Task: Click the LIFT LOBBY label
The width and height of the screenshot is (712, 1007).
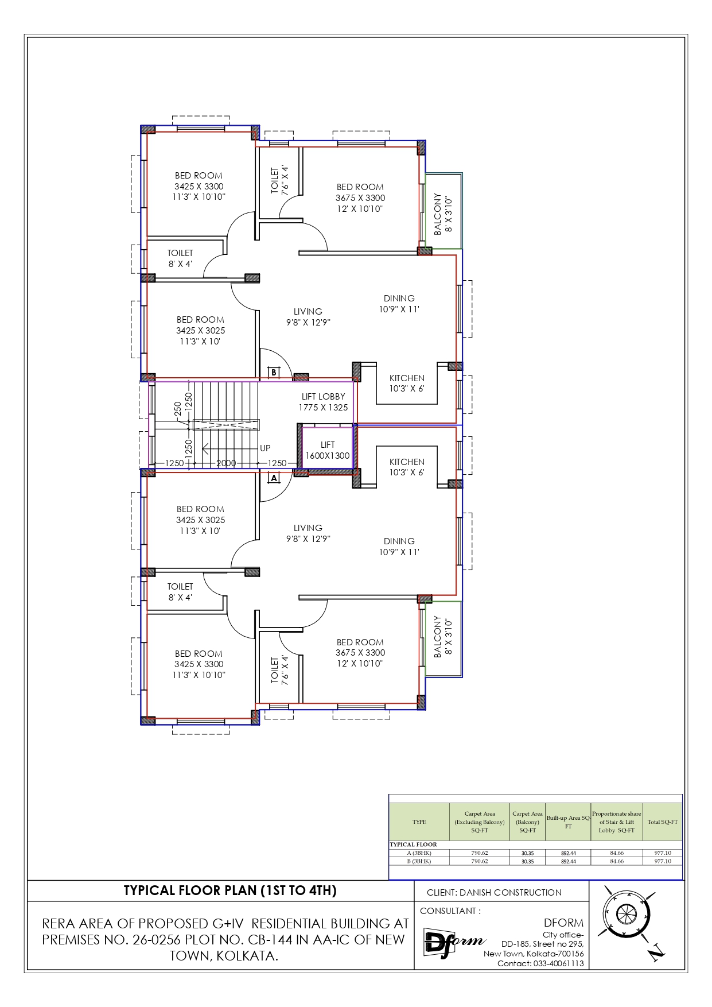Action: point(324,397)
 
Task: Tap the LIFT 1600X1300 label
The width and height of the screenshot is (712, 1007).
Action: point(328,450)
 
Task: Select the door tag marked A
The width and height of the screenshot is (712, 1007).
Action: point(274,478)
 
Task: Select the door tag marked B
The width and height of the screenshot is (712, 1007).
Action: point(274,372)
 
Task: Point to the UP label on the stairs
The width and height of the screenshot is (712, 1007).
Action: point(265,448)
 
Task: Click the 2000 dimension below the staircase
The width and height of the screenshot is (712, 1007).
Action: point(226,463)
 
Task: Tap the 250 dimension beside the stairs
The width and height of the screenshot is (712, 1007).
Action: point(178,408)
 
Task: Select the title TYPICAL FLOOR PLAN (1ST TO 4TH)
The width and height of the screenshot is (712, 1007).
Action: point(230,890)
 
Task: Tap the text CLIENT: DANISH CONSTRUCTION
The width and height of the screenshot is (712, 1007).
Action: point(494,892)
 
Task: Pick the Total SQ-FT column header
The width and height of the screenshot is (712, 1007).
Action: point(663,822)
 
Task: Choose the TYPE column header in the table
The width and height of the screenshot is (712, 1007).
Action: point(419,822)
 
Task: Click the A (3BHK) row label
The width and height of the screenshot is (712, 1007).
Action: point(419,853)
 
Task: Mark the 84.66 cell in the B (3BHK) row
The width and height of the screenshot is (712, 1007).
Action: point(617,861)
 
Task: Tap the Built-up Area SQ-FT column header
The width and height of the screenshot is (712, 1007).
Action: point(568,822)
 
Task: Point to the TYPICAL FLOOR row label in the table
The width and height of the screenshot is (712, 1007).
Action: point(413,845)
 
